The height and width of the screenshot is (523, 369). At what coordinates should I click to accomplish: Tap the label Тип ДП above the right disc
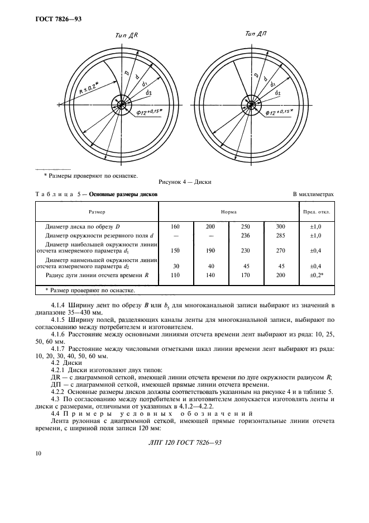tap(256, 35)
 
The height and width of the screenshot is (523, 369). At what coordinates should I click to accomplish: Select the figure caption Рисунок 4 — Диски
tap(184, 181)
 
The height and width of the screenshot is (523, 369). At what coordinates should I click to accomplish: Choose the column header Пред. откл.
tap(317, 212)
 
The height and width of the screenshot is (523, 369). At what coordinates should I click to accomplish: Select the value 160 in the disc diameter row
tap(176, 227)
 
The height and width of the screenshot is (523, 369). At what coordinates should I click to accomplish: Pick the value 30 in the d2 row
tap(176, 266)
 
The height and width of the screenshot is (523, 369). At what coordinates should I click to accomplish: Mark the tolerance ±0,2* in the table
tap(317, 275)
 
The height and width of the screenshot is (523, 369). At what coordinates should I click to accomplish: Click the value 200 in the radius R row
tap(281, 275)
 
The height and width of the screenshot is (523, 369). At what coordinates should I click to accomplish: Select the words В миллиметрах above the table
tap(313, 194)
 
